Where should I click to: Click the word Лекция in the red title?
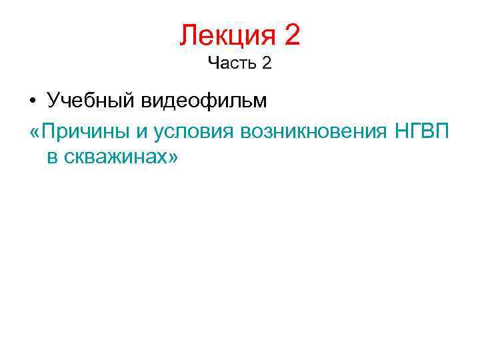(x=227, y=35)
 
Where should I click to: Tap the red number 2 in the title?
(x=292, y=35)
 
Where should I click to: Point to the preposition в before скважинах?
(x=53, y=158)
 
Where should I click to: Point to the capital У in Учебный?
(x=53, y=101)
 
